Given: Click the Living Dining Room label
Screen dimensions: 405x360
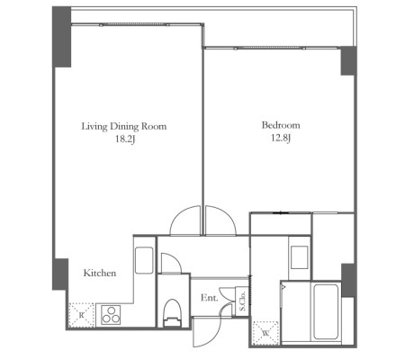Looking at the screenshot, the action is pos(124,126).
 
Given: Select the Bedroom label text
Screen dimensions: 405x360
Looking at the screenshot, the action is pos(281,125).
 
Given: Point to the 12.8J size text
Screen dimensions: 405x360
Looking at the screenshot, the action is pos(281,139).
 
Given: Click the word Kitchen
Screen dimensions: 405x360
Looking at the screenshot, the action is pos(100,273).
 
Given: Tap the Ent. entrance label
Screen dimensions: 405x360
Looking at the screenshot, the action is pos(210,298).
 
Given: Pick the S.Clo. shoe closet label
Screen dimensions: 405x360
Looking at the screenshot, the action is pos(242,301).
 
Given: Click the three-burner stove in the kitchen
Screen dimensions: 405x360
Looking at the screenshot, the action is pos(111,315).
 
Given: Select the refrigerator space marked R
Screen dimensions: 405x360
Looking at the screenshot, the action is pos(81,315).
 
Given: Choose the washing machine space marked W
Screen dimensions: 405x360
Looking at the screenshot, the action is pos(265,333).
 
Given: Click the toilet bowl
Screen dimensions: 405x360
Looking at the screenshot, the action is pos(173,313).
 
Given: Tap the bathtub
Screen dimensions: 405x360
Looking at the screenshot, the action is pos(326,312).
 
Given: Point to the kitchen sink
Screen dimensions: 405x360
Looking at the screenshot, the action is pos(144,260).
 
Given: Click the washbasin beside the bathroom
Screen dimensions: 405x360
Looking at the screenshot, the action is pos(300,257).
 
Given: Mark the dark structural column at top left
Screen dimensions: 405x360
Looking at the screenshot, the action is pos(62,37).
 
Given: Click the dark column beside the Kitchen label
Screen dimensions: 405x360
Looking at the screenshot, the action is pos(60,274).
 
